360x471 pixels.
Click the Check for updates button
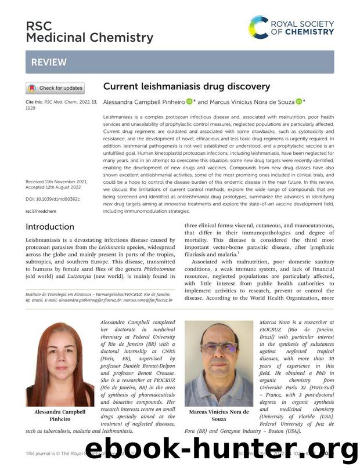pos(55,88)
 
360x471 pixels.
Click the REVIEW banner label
pos(49,62)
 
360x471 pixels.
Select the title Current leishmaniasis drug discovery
pos(186,86)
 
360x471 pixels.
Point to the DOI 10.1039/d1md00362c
pos(53,199)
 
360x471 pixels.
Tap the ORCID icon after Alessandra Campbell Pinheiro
pos(189,102)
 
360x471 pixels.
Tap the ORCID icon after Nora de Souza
pos(298,102)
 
